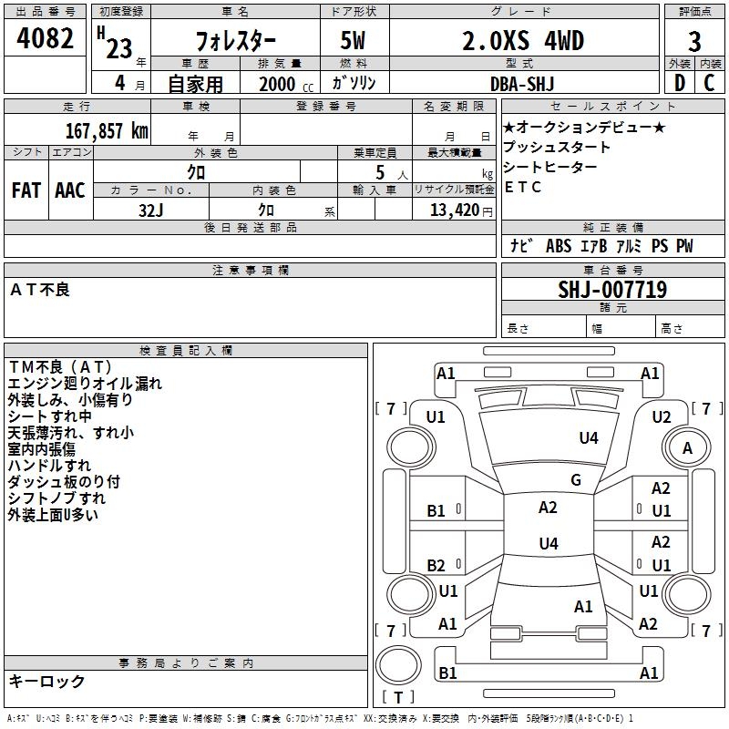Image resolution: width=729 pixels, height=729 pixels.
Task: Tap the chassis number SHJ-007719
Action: click(x=612, y=290)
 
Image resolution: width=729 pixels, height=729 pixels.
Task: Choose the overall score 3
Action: click(x=694, y=42)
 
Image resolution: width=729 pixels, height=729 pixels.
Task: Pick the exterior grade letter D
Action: click(x=679, y=83)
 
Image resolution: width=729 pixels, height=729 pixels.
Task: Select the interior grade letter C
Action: click(x=710, y=83)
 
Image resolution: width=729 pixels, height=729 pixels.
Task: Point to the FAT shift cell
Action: click(x=26, y=190)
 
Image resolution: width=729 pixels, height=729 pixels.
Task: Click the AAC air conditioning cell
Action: click(x=69, y=190)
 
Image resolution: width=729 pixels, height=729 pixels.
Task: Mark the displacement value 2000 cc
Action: click(x=283, y=85)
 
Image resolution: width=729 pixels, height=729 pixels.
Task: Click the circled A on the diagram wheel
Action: click(x=688, y=447)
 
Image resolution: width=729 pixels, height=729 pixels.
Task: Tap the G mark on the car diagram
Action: click(x=575, y=480)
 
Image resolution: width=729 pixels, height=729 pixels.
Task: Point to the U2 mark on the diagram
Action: click(x=662, y=416)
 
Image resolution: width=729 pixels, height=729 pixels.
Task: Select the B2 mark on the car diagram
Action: click(x=436, y=566)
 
